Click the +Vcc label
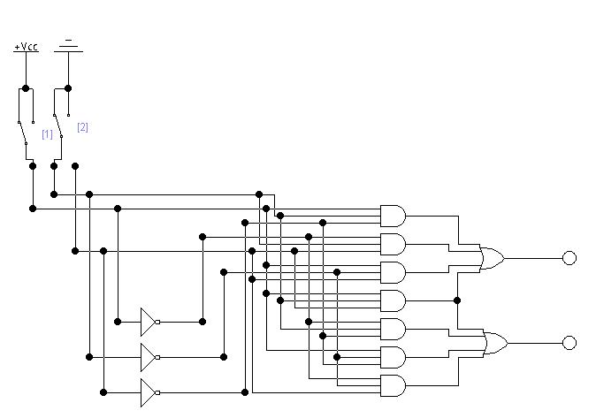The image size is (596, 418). [26, 47]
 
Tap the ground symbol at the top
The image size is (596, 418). [68, 45]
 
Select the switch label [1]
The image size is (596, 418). [47, 134]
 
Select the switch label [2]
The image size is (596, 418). [82, 127]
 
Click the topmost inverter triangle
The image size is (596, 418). [148, 322]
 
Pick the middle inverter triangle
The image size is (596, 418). [148, 357]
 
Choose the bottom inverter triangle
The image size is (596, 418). [148, 392]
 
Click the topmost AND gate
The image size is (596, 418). [393, 216]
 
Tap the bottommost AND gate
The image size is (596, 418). [393, 385]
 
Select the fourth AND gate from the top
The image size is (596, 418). [393, 301]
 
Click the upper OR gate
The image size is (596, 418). [493, 258]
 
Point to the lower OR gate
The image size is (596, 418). [496, 343]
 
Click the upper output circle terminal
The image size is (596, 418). [569, 258]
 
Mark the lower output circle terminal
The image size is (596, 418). [569, 343]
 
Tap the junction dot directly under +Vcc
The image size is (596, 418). [26, 88]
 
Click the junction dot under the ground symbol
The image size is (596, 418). [68, 88]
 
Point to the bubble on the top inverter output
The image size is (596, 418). [157, 323]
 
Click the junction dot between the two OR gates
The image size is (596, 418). [457, 300]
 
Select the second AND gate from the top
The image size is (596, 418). [393, 244]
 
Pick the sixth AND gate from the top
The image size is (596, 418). [393, 358]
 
